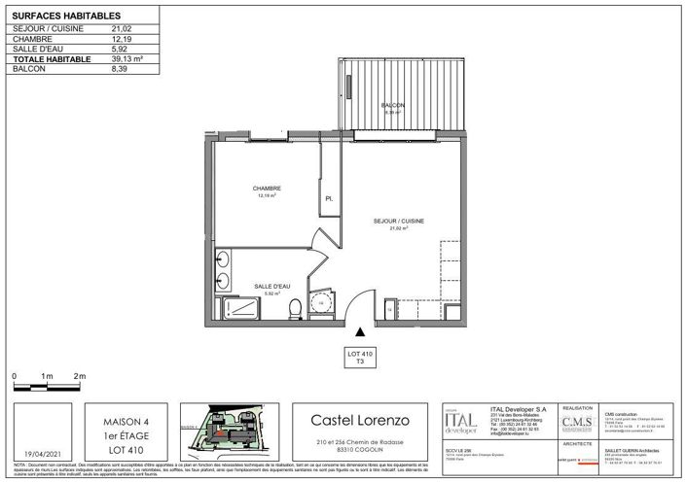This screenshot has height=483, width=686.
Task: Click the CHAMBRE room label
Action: (x=267, y=189)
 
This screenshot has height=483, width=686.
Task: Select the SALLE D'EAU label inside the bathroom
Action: (x=271, y=286)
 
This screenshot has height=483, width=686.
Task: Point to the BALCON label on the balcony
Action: (x=391, y=105)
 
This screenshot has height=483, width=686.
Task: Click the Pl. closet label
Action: (x=329, y=199)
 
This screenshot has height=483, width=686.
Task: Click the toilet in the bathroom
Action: (x=294, y=307)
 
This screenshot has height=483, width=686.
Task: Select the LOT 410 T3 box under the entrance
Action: (x=360, y=355)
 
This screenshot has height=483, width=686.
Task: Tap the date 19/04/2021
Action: (x=40, y=452)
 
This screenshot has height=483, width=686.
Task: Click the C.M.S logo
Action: (x=573, y=421)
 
